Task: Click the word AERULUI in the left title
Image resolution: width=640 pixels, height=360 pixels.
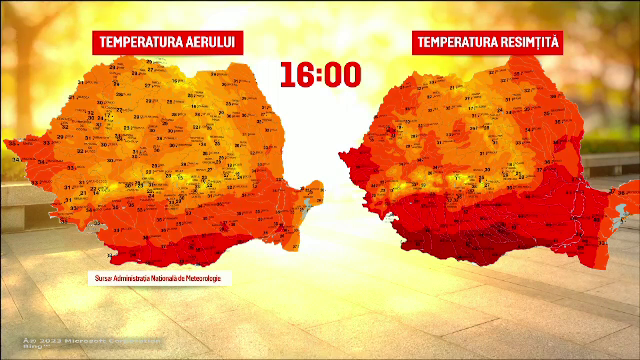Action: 208,42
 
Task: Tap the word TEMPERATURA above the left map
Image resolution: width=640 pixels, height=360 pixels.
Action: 139,42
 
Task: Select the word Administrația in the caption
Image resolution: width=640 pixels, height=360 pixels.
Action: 131,278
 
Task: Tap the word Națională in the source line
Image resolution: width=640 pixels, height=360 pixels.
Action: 167,278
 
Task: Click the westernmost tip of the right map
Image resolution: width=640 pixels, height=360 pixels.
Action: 341,156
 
